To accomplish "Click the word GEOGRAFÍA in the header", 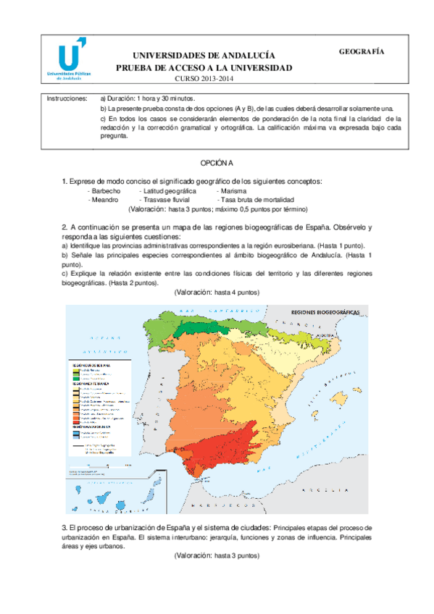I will [361, 51].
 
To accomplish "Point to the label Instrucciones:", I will [66, 98].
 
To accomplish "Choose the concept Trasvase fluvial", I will [166, 199].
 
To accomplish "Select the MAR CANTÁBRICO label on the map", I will [196, 311].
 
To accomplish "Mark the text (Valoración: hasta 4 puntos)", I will [217, 292].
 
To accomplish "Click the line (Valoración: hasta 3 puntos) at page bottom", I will [217, 556].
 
